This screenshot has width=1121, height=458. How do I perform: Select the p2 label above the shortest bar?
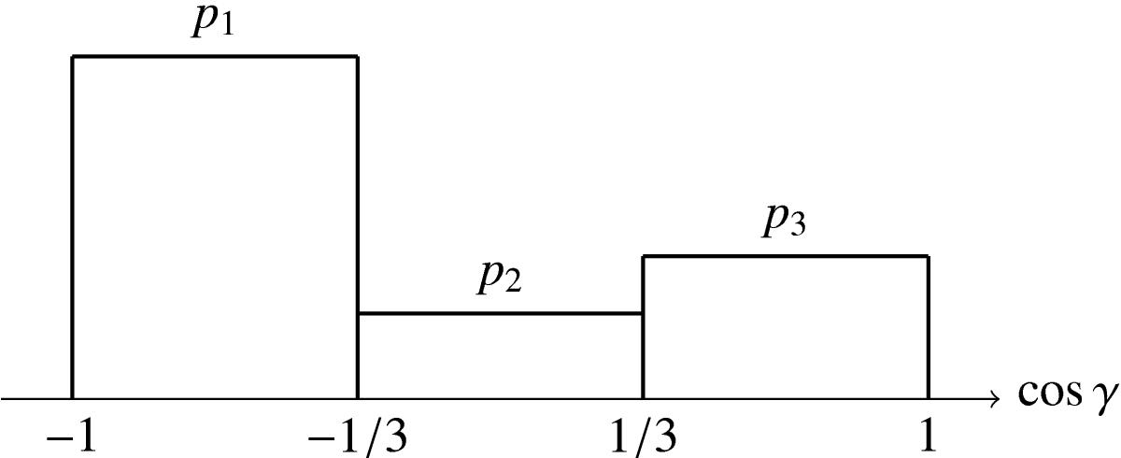click(500, 279)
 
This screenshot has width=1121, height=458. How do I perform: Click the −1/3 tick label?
click(357, 437)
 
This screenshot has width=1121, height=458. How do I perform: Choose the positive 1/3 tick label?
click(643, 437)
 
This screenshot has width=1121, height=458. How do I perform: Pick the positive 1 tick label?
click(928, 435)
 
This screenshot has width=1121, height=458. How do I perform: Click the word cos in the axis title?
click(1050, 394)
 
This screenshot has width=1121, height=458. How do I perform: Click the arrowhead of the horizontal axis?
click(995, 399)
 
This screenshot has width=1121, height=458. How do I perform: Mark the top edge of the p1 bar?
click(215, 57)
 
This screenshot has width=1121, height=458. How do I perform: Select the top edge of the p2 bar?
click(501, 314)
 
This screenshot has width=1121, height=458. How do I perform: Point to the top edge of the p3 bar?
click(786, 256)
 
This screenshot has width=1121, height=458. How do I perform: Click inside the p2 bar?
click(501, 356)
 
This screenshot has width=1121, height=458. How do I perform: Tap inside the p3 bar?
click(786, 328)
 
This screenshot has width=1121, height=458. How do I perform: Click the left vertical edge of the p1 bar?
click(73, 228)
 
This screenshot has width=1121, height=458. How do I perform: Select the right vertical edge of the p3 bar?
click(929, 328)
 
